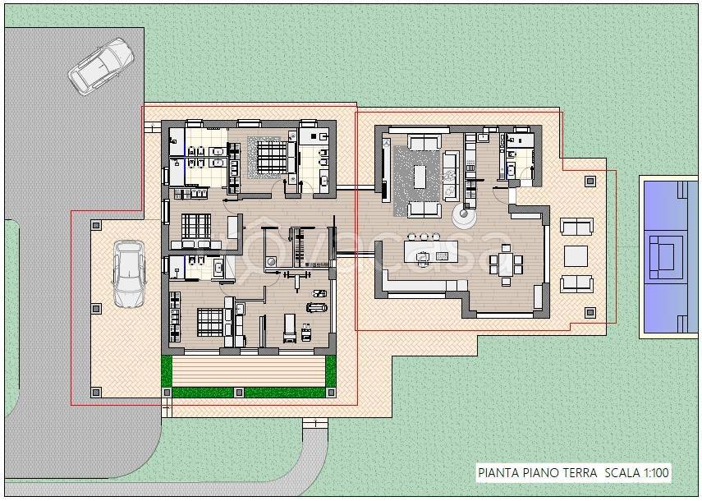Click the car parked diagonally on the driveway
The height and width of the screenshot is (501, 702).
[101, 67]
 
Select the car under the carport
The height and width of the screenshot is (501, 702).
[129, 273]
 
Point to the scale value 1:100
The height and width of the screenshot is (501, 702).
[656, 472]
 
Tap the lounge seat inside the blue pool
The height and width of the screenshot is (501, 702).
[666, 257]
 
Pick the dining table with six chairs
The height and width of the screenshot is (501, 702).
[506, 264]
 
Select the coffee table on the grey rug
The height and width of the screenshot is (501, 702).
[420, 177]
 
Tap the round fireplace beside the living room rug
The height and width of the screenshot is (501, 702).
[463, 216]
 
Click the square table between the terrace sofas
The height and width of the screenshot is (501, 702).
[576, 256]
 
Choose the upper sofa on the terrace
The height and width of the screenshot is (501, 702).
[576, 226]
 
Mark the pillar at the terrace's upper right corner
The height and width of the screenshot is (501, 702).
[590, 182]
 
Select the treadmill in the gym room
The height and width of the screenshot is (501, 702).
[290, 329]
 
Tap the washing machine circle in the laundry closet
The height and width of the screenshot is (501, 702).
[270, 261]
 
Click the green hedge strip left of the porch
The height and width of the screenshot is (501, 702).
[167, 370]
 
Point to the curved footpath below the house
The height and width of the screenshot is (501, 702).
[309, 457]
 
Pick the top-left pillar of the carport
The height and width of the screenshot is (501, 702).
[96, 225]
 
